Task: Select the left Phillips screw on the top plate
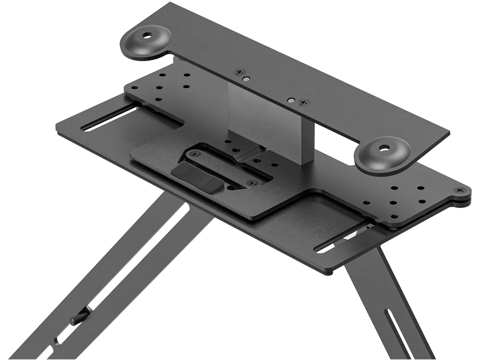241,72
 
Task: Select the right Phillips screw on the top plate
304,102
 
